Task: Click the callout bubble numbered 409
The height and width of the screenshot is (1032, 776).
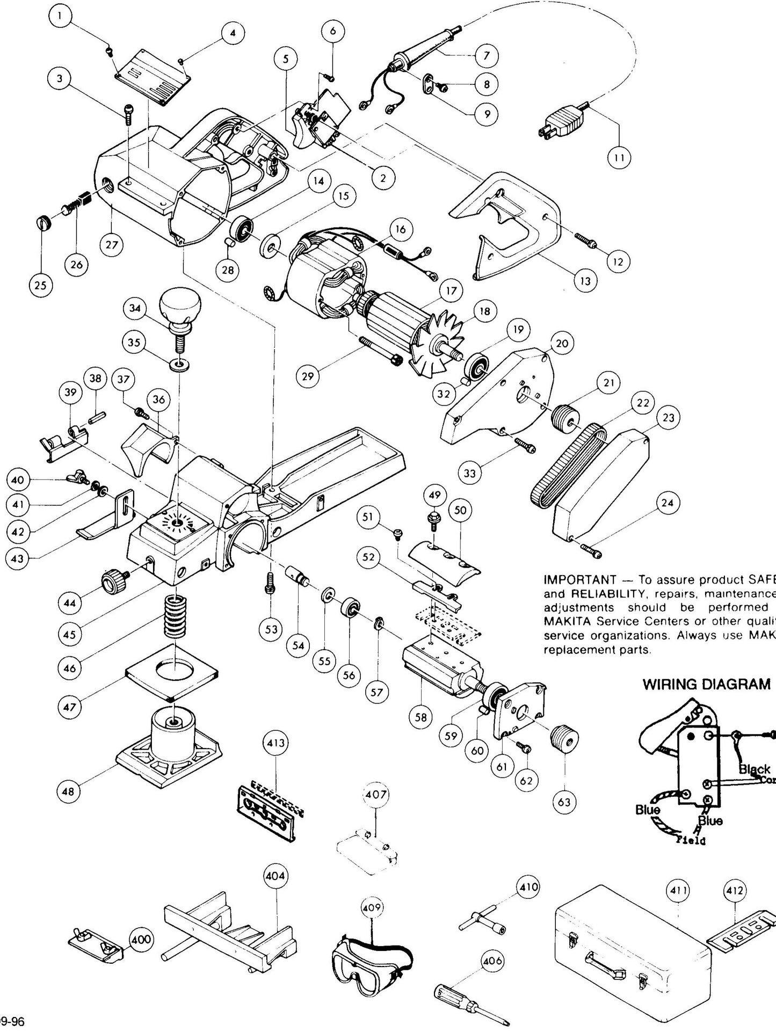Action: click(x=372, y=907)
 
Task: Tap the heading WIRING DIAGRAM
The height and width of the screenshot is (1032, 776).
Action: click(x=707, y=684)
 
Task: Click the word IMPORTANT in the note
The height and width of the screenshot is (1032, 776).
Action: click(x=579, y=580)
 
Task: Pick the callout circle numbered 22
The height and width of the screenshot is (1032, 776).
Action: click(x=643, y=402)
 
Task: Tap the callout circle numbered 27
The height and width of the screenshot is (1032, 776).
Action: click(x=111, y=245)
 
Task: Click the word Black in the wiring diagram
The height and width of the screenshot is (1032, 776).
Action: click(x=755, y=769)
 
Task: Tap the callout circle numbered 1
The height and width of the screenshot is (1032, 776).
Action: click(x=61, y=16)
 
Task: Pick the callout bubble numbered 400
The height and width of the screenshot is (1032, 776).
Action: click(x=142, y=940)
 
